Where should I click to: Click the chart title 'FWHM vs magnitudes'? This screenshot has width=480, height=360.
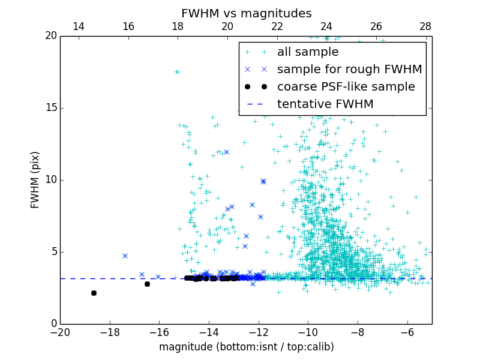pyautogui.click(x=246, y=13)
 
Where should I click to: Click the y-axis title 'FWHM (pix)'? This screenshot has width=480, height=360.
pyautogui.click(x=35, y=179)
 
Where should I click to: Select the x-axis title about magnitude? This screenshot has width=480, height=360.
pyautogui.click(x=246, y=347)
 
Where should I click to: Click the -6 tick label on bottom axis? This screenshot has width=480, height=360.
pyautogui.click(x=407, y=332)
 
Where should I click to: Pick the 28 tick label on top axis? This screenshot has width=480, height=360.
pyautogui.click(x=425, y=26)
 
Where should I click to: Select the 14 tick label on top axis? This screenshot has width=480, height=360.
pyautogui.click(x=78, y=26)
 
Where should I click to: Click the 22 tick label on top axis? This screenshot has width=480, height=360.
pyautogui.click(x=277, y=26)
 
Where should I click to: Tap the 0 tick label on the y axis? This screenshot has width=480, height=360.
pyautogui.click(x=53, y=324)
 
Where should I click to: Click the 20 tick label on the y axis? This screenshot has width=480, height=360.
pyautogui.click(x=50, y=36)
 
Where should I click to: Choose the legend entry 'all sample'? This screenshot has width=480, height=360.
pyautogui.click(x=307, y=52)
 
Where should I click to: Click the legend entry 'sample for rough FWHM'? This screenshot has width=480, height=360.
pyautogui.click(x=349, y=69)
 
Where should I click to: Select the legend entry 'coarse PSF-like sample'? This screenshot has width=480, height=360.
pyautogui.click(x=346, y=86)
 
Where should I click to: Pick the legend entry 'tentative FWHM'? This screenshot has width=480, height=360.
pyautogui.click(x=325, y=104)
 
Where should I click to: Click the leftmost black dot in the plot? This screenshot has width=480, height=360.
pyautogui.click(x=94, y=293)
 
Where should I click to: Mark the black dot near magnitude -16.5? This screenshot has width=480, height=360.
pyautogui.click(x=147, y=284)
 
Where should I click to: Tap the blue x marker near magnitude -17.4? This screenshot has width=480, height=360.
pyautogui.click(x=125, y=256)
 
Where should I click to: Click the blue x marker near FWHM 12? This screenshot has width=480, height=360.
pyautogui.click(x=226, y=152)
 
